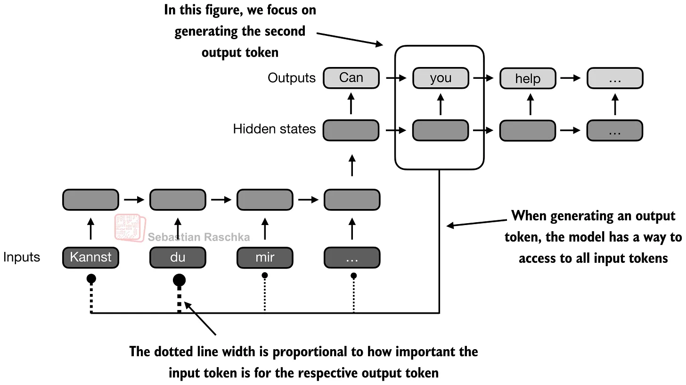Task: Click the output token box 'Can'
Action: click(351, 78)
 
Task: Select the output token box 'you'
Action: click(441, 78)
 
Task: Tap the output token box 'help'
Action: click(528, 78)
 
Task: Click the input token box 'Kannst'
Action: click(90, 258)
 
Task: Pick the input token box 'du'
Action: click(178, 258)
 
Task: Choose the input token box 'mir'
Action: click(265, 258)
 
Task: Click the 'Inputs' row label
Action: click(22, 257)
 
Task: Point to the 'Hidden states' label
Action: click(274, 129)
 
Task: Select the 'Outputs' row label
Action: click(292, 78)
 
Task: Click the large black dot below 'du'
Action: click(179, 281)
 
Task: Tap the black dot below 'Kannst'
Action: click(91, 279)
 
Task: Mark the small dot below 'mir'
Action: click(265, 275)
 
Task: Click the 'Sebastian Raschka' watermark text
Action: click(199, 237)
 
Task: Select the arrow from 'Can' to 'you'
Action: click(396, 78)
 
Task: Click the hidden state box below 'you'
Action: click(441, 130)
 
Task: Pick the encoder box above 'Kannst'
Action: click(90, 200)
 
